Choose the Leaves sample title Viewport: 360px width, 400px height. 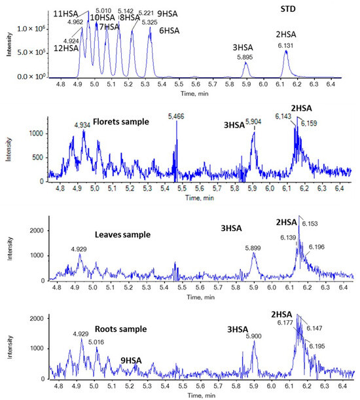coord(124,234)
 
